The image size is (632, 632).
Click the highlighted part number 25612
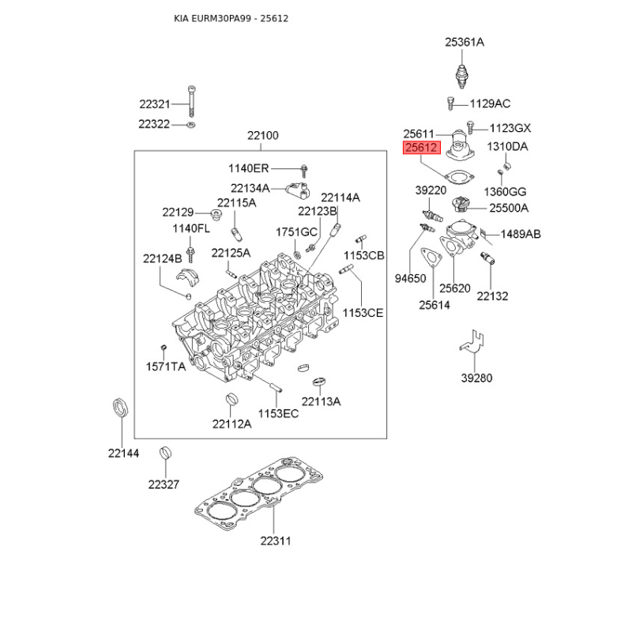pyautogui.click(x=421, y=148)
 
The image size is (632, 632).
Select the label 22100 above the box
pyautogui.click(x=263, y=136)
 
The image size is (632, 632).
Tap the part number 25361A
pyautogui.click(x=464, y=42)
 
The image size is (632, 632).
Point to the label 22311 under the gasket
pyautogui.click(x=274, y=541)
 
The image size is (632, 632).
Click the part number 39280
pyautogui.click(x=476, y=378)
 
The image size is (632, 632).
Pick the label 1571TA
pyautogui.click(x=165, y=367)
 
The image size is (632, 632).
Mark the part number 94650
pyautogui.click(x=410, y=278)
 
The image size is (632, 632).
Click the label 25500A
pyautogui.click(x=509, y=208)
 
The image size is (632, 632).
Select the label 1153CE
pyautogui.click(x=363, y=313)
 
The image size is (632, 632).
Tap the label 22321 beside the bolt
pyautogui.click(x=155, y=104)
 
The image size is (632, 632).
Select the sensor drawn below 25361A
pyautogui.click(x=464, y=74)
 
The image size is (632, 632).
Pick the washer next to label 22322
pyautogui.click(x=192, y=125)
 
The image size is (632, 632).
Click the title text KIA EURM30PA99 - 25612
pyautogui.click(x=231, y=17)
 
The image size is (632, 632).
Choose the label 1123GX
pyautogui.click(x=510, y=128)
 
